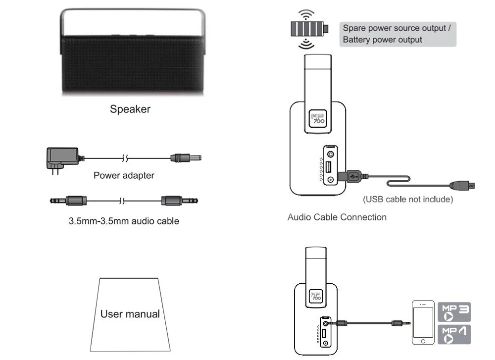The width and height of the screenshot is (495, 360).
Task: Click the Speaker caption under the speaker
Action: pyautogui.click(x=130, y=109)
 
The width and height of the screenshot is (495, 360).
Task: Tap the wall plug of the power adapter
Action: pyautogui.click(x=63, y=159)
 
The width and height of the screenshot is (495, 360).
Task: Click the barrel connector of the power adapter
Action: pyautogui.click(x=186, y=157)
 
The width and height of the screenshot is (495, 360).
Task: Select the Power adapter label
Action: pyautogui.click(x=124, y=175)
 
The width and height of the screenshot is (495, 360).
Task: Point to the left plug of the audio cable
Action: pyautogui.click(x=68, y=201)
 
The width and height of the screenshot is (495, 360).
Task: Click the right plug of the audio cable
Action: pyautogui.click(x=179, y=201)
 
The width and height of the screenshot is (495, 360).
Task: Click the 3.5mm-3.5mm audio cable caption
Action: pyautogui.click(x=124, y=221)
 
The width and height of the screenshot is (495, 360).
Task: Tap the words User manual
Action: pyautogui.click(x=130, y=314)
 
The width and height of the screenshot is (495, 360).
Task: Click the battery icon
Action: pyautogui.click(x=309, y=29)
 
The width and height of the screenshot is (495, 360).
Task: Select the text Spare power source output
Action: pyautogui.click(x=395, y=28)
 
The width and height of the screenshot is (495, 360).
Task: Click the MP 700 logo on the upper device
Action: pyautogui.click(x=318, y=118)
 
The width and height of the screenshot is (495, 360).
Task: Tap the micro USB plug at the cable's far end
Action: pyautogui.click(x=462, y=185)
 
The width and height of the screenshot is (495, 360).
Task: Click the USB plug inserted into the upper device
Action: pyautogui.click(x=353, y=176)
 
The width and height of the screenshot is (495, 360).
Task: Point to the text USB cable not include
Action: pyautogui.click(x=408, y=199)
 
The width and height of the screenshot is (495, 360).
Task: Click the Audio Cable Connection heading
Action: pyautogui.click(x=337, y=217)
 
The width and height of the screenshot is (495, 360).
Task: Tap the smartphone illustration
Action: pyautogui.click(x=423, y=322)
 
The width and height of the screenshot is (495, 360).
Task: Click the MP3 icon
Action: pyautogui.click(x=454, y=312)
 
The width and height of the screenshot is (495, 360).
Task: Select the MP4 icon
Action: pyautogui.click(x=454, y=334)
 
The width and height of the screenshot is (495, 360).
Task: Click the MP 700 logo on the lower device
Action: pyautogui.click(x=316, y=296)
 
